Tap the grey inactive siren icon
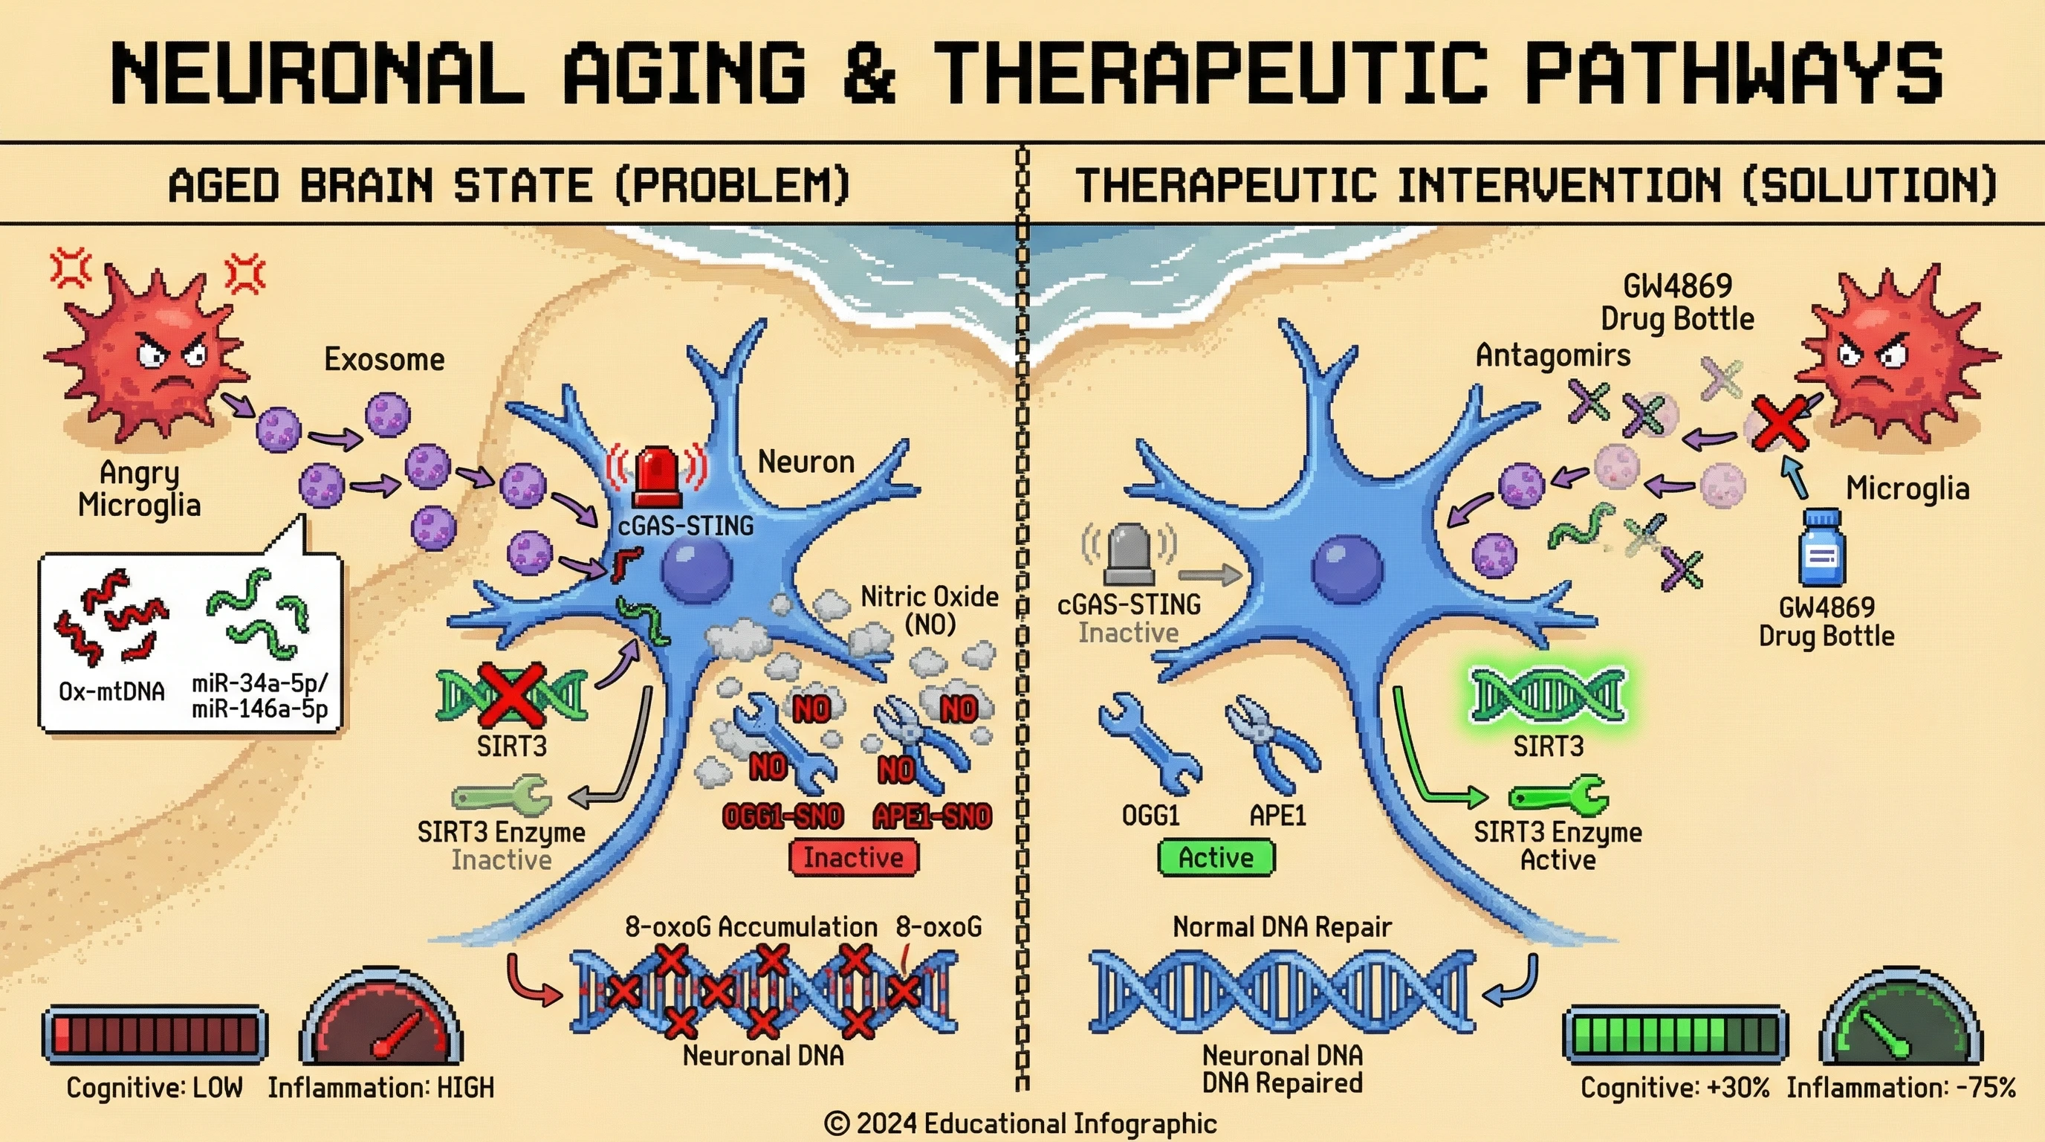pos(1128,552)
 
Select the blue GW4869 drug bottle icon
pos(1821,549)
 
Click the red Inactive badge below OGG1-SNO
pos(853,858)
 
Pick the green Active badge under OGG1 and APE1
pos(1216,858)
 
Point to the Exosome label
pos(384,360)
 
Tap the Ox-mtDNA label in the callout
pos(112,691)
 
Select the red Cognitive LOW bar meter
pos(155,1035)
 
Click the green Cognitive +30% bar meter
pos(1675,1035)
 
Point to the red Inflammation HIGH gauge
pos(381,1021)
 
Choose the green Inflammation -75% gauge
pos(1901,1021)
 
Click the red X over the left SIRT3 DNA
pos(511,697)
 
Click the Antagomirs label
pos(1553,355)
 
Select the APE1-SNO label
pos(932,816)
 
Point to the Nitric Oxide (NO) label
pos(930,610)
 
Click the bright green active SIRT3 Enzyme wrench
pos(1558,796)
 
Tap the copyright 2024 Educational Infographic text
pos(1020,1123)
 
